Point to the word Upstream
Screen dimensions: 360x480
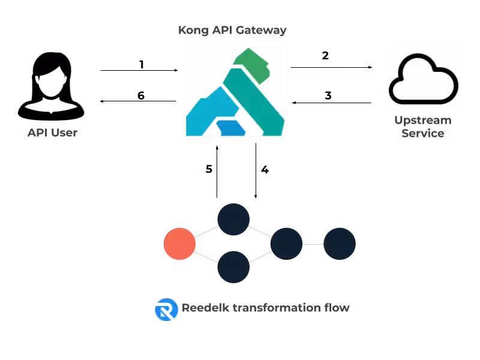pos(422,121)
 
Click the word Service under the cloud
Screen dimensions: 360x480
pos(422,133)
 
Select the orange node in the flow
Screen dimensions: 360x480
pos(179,244)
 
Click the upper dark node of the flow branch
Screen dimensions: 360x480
pos(233,219)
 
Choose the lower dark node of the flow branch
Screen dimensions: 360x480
pos(233,267)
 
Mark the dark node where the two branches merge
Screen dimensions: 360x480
pos(286,244)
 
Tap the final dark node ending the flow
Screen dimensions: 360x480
pos(340,244)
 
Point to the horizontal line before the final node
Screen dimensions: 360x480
pos(313,244)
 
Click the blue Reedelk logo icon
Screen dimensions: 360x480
pos(166,309)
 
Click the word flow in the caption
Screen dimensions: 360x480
pos(337,308)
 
